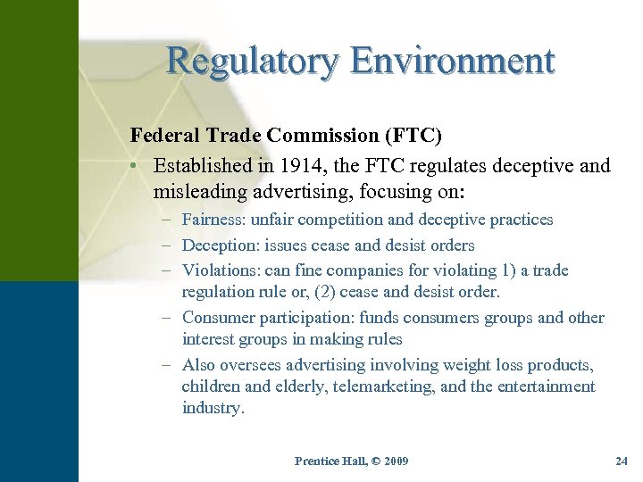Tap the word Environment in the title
coord(452,62)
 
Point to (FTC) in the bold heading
coord(412,136)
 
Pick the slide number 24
coord(622,461)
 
